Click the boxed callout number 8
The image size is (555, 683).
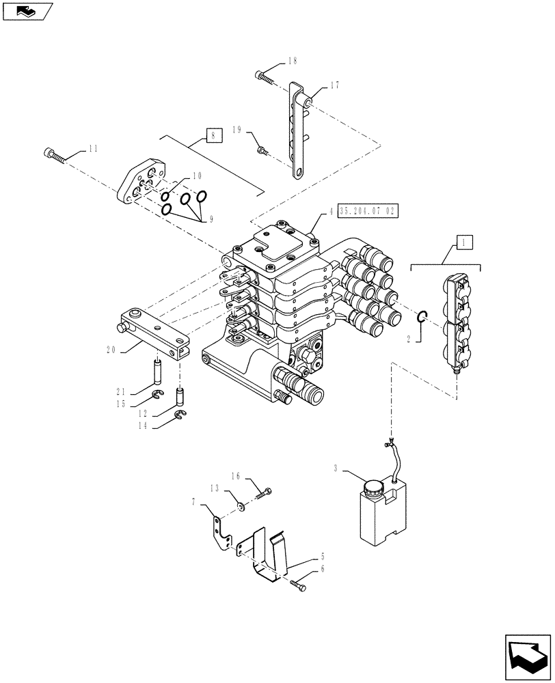pyautogui.click(x=213, y=136)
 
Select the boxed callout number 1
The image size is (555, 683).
pyautogui.click(x=463, y=241)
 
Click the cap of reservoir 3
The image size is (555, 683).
pyautogui.click(x=373, y=488)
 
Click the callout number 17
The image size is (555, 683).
pyautogui.click(x=334, y=86)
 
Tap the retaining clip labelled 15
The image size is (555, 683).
pyautogui.click(x=157, y=395)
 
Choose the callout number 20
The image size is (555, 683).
pyautogui.click(x=110, y=349)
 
